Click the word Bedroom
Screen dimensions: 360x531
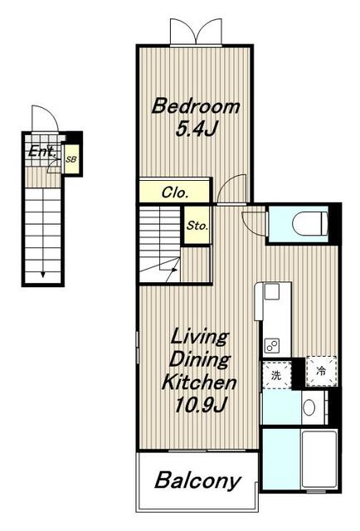tap(196, 106)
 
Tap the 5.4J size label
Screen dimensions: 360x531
tap(196, 129)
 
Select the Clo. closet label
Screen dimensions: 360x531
tap(175, 192)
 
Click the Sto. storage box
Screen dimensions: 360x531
tap(197, 225)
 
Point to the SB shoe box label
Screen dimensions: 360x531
tap(71, 159)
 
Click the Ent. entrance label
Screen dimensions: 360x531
tap(42, 151)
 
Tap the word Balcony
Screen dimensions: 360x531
tap(197, 480)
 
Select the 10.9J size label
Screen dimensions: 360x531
tap(199, 404)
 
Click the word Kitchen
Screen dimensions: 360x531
tap(199, 382)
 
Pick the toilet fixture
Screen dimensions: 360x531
tap(310, 223)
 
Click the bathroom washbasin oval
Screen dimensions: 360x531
tap(309, 407)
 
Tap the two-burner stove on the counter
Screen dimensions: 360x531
tap(272, 346)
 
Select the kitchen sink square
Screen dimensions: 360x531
tap(271, 291)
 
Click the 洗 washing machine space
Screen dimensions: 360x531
tap(277, 375)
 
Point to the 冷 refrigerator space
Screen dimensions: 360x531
tap(321, 371)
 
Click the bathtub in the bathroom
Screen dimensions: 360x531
tap(319, 459)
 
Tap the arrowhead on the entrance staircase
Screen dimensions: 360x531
tap(42, 274)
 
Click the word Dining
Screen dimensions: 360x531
tap(200, 359)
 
